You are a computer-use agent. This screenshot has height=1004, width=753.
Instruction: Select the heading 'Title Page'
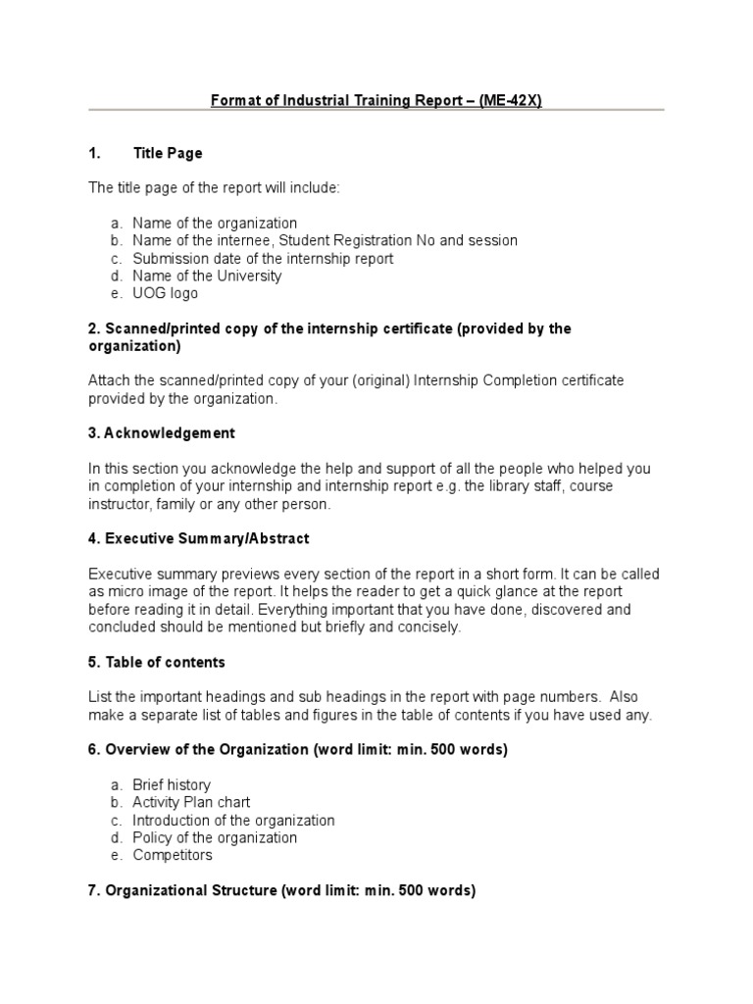coord(168,153)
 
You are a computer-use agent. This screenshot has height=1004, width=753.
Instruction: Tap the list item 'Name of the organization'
coord(215,224)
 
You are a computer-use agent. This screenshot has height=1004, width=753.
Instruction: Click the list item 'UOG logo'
coord(165,293)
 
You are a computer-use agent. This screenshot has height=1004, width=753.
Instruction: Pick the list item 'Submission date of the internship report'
coord(263,259)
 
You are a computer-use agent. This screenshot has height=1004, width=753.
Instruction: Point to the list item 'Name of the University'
coord(207,276)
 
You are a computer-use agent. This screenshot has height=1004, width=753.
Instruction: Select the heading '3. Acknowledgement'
coord(162,433)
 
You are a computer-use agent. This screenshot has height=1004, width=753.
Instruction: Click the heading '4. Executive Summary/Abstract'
coord(199,538)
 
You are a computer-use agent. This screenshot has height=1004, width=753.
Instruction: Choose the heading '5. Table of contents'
coord(157,662)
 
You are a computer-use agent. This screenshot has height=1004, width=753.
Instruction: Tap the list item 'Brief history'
coord(172,785)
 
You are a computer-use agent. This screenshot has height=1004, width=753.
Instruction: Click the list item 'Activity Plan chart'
coord(192,803)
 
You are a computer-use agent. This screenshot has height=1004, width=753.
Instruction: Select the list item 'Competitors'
coord(173,855)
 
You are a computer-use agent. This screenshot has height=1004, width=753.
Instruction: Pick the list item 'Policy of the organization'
coord(215,837)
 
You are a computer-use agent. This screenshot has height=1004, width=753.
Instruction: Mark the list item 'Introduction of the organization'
coord(233,821)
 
